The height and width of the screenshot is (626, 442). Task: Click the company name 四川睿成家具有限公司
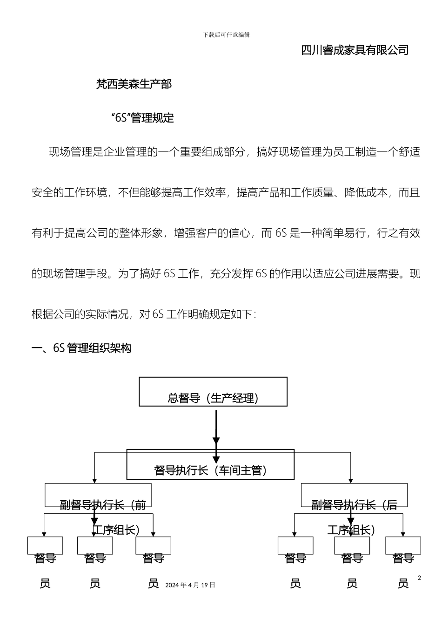pyautogui.click(x=355, y=50)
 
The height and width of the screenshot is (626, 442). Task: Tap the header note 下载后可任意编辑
pyautogui.click(x=227, y=35)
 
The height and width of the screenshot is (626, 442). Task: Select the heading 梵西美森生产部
pyautogui.click(x=134, y=84)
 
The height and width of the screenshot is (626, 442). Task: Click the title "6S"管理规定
pyautogui.click(x=143, y=118)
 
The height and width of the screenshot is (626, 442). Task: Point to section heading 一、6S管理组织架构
pyautogui.click(x=81, y=348)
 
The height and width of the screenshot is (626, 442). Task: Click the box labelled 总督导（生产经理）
pyautogui.click(x=213, y=392)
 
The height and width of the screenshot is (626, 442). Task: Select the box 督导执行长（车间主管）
pyautogui.click(x=210, y=465)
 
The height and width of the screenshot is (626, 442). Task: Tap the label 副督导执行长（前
pyautogui.click(x=103, y=505)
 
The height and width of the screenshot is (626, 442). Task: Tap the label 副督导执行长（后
pyautogui.click(x=354, y=505)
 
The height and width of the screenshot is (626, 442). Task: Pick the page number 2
pyautogui.click(x=419, y=578)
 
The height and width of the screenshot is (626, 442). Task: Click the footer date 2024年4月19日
pyautogui.click(x=190, y=585)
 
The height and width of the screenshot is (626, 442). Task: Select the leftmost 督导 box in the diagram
pyautogui.click(x=45, y=546)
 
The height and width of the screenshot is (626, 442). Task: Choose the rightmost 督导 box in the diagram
pyautogui.click(x=403, y=546)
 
